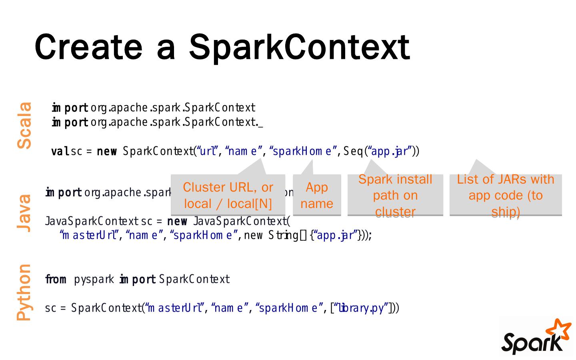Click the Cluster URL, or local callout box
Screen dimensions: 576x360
pos(228,195)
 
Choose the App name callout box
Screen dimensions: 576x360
pos(317,195)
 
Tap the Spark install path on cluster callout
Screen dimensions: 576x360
pos(395,195)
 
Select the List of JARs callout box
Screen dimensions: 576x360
pos(506,195)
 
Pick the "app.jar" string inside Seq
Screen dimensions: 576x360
pos(390,152)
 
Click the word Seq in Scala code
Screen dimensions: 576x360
pos(353,152)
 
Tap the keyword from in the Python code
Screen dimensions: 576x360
pos(56,279)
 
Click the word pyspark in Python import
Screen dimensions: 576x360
pos(94,279)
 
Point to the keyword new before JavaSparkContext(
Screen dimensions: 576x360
pos(177,221)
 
